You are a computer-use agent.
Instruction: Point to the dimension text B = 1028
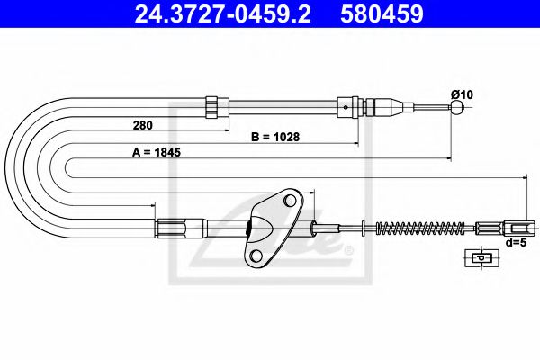click(274, 138)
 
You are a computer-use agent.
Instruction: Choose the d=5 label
click(516, 241)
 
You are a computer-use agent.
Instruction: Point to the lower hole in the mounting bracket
click(256, 256)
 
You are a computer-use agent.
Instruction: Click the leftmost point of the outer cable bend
click(5, 167)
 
